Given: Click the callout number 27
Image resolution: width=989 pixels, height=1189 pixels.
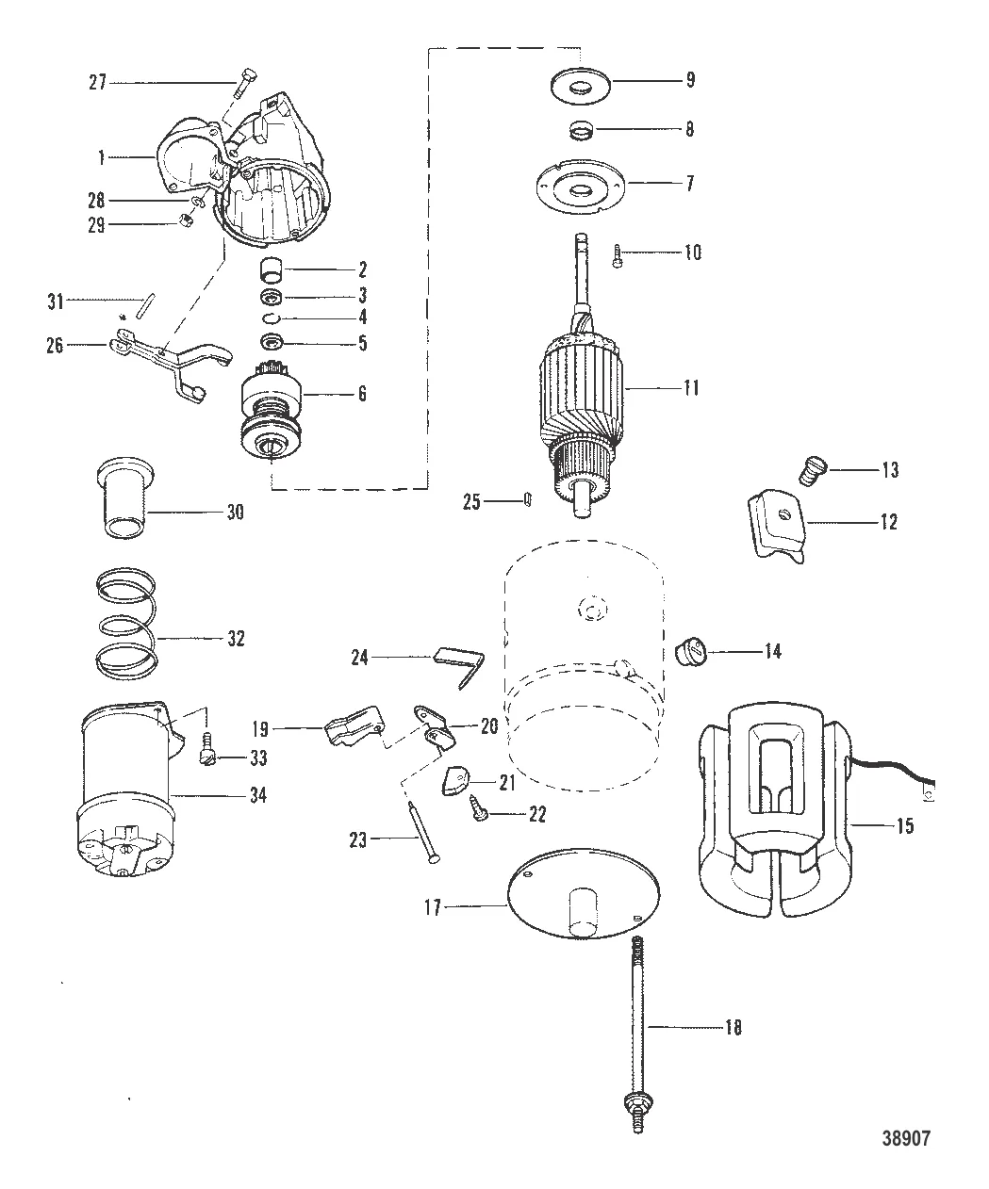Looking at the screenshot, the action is [97, 83].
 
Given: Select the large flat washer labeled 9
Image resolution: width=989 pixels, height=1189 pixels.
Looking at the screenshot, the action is [580, 86].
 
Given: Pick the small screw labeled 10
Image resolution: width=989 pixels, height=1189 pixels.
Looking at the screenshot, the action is [618, 255].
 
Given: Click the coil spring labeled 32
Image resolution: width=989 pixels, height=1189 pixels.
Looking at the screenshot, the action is [126, 624].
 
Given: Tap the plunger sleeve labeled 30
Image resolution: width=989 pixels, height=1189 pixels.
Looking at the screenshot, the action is [124, 497].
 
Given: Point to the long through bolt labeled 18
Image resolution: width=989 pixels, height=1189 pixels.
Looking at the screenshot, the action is [637, 1032].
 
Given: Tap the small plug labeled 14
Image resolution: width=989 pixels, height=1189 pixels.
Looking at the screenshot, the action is [691, 653].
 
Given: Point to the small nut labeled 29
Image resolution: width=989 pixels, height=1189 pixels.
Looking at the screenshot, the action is [187, 220].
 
